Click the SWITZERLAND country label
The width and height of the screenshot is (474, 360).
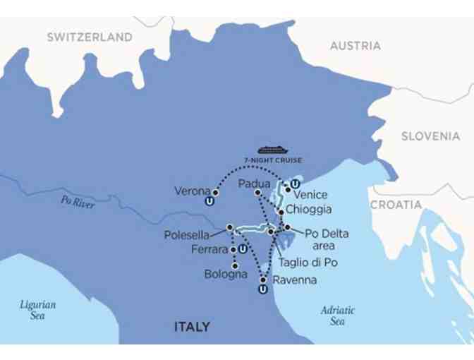[90, 37]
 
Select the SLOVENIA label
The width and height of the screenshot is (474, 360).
[430, 136]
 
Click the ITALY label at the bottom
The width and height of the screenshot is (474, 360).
[192, 327]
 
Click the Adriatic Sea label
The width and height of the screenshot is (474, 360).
[338, 316]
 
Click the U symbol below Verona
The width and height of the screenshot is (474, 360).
[209, 202]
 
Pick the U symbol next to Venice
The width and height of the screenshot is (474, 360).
[295, 185]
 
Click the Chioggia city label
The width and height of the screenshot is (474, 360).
[308, 210]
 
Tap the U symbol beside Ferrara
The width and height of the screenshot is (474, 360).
[242, 249]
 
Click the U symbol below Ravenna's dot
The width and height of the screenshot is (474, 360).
[262, 289]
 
